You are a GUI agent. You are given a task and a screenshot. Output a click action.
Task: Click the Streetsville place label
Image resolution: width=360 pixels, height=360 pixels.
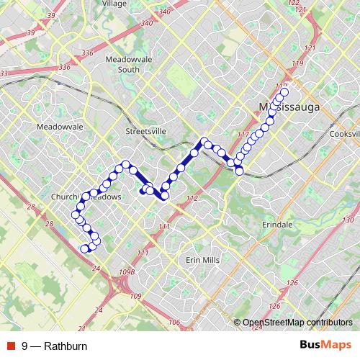145,132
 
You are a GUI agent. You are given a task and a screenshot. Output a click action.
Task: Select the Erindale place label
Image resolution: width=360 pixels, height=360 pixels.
277,225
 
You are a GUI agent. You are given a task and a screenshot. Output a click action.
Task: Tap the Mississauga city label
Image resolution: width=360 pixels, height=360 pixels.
288,107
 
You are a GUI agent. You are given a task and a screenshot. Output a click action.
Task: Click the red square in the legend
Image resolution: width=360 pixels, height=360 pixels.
11,346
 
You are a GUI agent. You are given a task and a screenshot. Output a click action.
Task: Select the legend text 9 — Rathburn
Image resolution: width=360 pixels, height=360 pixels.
55,346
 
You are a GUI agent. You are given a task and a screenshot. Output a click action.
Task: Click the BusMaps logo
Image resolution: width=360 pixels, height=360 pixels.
325,346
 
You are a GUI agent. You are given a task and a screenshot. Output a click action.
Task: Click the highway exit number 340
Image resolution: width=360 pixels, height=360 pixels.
165,12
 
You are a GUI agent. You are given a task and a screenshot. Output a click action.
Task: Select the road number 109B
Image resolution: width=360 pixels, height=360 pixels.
127,272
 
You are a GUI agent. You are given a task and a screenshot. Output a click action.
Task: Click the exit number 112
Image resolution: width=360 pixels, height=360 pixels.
191,198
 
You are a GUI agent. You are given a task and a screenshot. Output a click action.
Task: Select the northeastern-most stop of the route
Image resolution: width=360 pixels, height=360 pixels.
284,92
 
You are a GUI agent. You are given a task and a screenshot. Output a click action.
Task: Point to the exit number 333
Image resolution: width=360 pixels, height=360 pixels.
4,73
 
